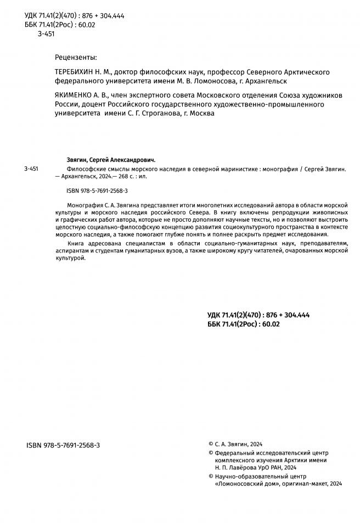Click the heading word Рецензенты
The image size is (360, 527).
coord(76,57)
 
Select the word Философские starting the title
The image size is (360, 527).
coord(83,169)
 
